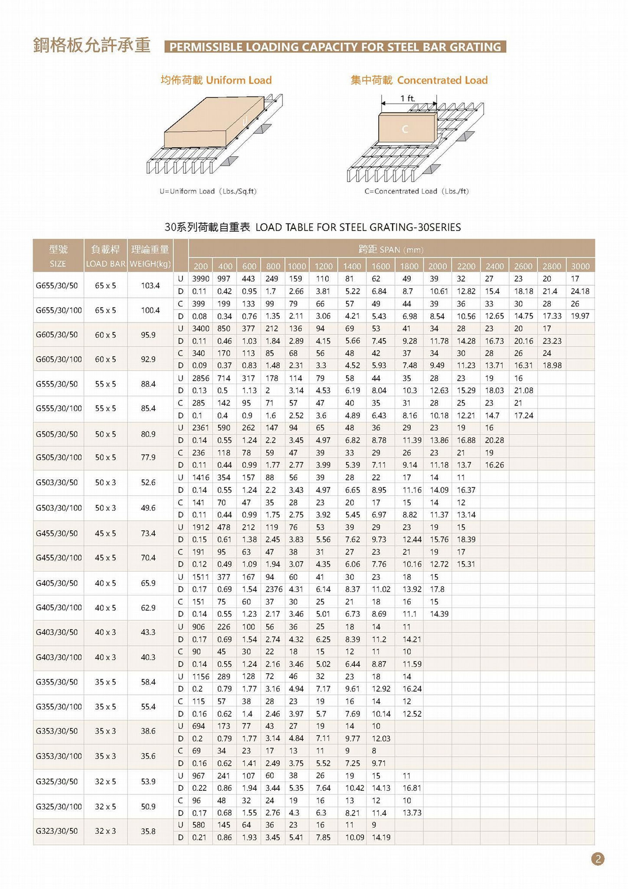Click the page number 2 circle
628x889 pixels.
[x=598, y=859]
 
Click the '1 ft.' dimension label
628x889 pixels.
[x=408, y=99]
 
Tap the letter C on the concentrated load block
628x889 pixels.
[x=405, y=129]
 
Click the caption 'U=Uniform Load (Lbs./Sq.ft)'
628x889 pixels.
[x=208, y=191]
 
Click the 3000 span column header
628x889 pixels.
[x=580, y=266]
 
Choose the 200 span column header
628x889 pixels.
[x=200, y=266]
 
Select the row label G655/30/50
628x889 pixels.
[x=57, y=286]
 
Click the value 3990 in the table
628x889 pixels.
[x=200, y=279]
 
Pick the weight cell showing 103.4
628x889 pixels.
[x=150, y=286]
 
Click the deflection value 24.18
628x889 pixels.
[x=580, y=291]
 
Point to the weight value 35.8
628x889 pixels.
[x=148, y=831]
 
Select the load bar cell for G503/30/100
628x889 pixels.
[x=105, y=508]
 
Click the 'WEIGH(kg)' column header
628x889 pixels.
[x=150, y=264]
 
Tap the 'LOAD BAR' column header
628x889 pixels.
[x=105, y=264]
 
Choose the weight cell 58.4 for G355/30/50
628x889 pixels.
[x=148, y=682]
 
